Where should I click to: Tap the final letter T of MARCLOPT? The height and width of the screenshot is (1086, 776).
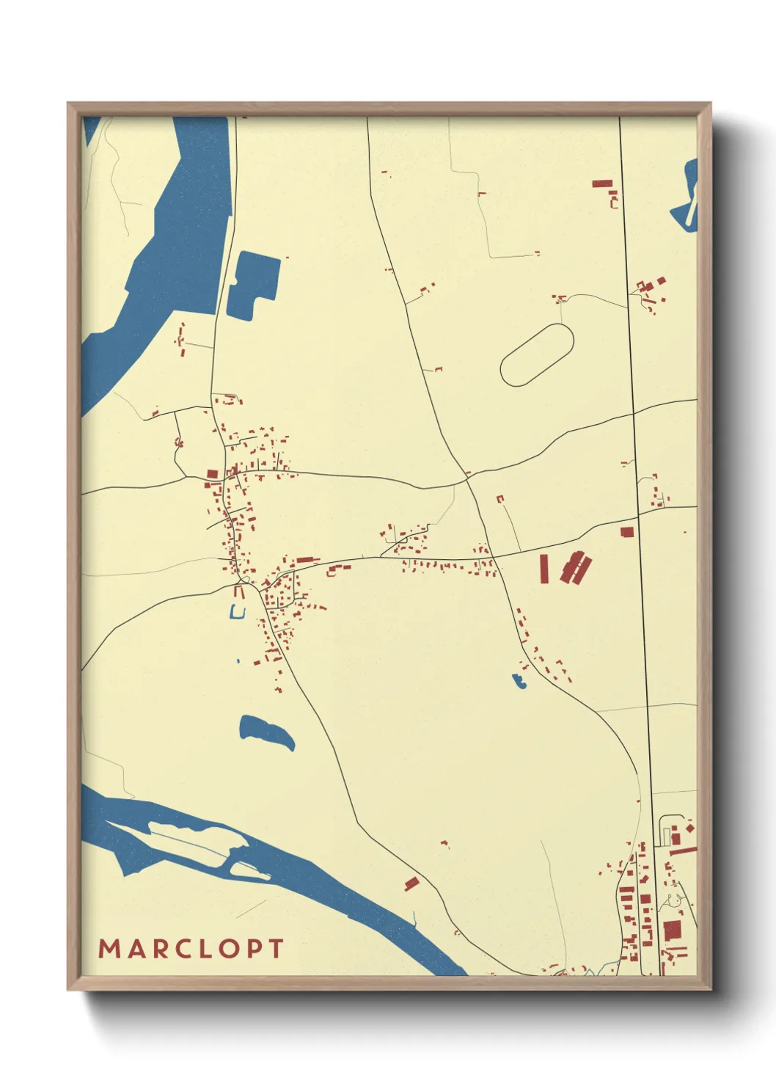pyautogui.click(x=277, y=949)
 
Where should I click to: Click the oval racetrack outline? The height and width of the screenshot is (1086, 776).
pyautogui.click(x=537, y=355)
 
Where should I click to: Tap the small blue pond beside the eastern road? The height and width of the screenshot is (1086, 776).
pyautogui.click(x=520, y=681)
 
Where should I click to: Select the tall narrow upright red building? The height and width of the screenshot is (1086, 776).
pyautogui.click(x=544, y=569)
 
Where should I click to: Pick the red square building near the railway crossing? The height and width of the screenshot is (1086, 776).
pyautogui.click(x=626, y=532)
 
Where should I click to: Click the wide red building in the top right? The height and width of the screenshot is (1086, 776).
pyautogui.click(x=602, y=183)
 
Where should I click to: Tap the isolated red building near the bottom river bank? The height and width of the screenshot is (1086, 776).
pyautogui.click(x=411, y=883)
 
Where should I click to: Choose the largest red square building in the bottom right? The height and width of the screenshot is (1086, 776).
pyautogui.click(x=672, y=930)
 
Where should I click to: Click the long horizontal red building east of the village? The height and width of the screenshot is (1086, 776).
pyautogui.click(x=308, y=560)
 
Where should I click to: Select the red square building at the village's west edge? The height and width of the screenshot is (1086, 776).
pyautogui.click(x=213, y=474)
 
